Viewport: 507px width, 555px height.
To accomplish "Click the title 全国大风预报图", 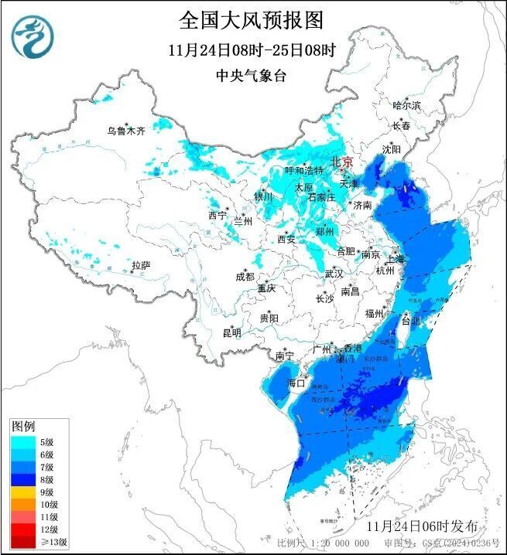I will [x=252, y=19].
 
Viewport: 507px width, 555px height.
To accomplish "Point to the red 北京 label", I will [x=341, y=162].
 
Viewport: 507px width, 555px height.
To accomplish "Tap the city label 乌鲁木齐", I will [x=126, y=131].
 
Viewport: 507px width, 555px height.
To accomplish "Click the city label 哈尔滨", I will [x=406, y=105].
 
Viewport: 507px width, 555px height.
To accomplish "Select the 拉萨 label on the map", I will [x=140, y=265].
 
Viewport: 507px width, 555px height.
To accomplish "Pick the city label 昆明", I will [x=231, y=333].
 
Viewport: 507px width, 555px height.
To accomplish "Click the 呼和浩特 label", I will [x=303, y=170].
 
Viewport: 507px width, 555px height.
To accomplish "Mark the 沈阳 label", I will [x=392, y=148].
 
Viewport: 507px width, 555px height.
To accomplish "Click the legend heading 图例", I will [x=23, y=427].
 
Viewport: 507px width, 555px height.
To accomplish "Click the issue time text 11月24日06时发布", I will [x=421, y=526].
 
